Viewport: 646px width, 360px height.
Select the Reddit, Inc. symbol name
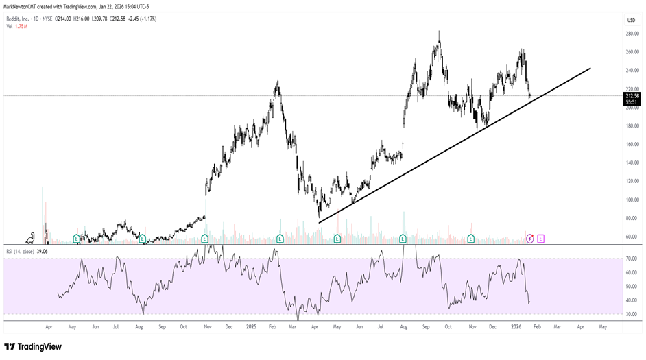tap(19, 19)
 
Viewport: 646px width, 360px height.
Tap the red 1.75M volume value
tap(22, 26)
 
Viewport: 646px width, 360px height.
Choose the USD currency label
tap(630, 20)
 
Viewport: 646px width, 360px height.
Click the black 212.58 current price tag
tap(632, 96)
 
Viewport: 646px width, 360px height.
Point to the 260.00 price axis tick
tap(632, 52)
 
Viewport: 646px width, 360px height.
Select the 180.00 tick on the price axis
tap(632, 126)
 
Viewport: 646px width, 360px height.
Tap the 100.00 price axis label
tap(632, 200)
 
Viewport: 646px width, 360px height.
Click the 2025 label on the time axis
tap(250, 327)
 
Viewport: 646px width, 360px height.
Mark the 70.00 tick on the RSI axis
tap(631, 259)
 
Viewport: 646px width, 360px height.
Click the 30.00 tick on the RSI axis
tap(631, 314)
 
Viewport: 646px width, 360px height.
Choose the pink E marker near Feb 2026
tap(540, 239)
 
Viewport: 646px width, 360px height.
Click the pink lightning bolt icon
tap(529, 239)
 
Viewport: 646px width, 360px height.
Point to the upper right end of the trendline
tap(590, 68)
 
